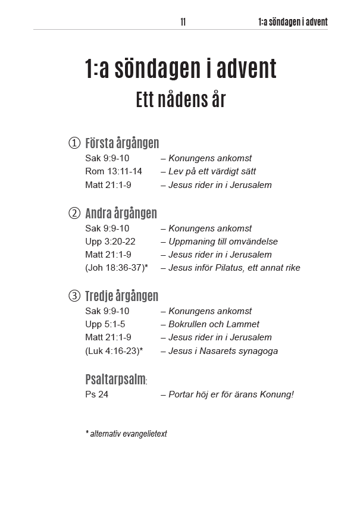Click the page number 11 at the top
pyautogui.click(x=183, y=22)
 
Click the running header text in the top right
pyautogui.click(x=293, y=22)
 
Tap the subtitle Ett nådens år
pyautogui.click(x=181, y=99)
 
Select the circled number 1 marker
pyautogui.click(x=74, y=143)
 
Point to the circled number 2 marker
pyautogui.click(x=74, y=213)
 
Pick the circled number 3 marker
pyautogui.click(x=74, y=296)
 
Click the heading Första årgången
pyautogui.click(x=122, y=143)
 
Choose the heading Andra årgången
pyautogui.click(x=121, y=213)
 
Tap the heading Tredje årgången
pyautogui.click(x=121, y=296)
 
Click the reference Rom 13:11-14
pyautogui.click(x=114, y=171)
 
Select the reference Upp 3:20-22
pyautogui.click(x=110, y=242)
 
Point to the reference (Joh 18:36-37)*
pyautogui.click(x=117, y=268)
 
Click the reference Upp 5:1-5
pyautogui.click(x=105, y=324)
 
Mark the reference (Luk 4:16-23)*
pyautogui.click(x=114, y=350)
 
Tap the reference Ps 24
pyautogui.click(x=96, y=394)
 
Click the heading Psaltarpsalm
pyautogui.click(x=115, y=379)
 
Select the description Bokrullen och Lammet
pyautogui.click(x=214, y=324)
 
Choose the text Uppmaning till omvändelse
pyautogui.click(x=223, y=242)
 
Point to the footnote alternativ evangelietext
pyautogui.click(x=128, y=434)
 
